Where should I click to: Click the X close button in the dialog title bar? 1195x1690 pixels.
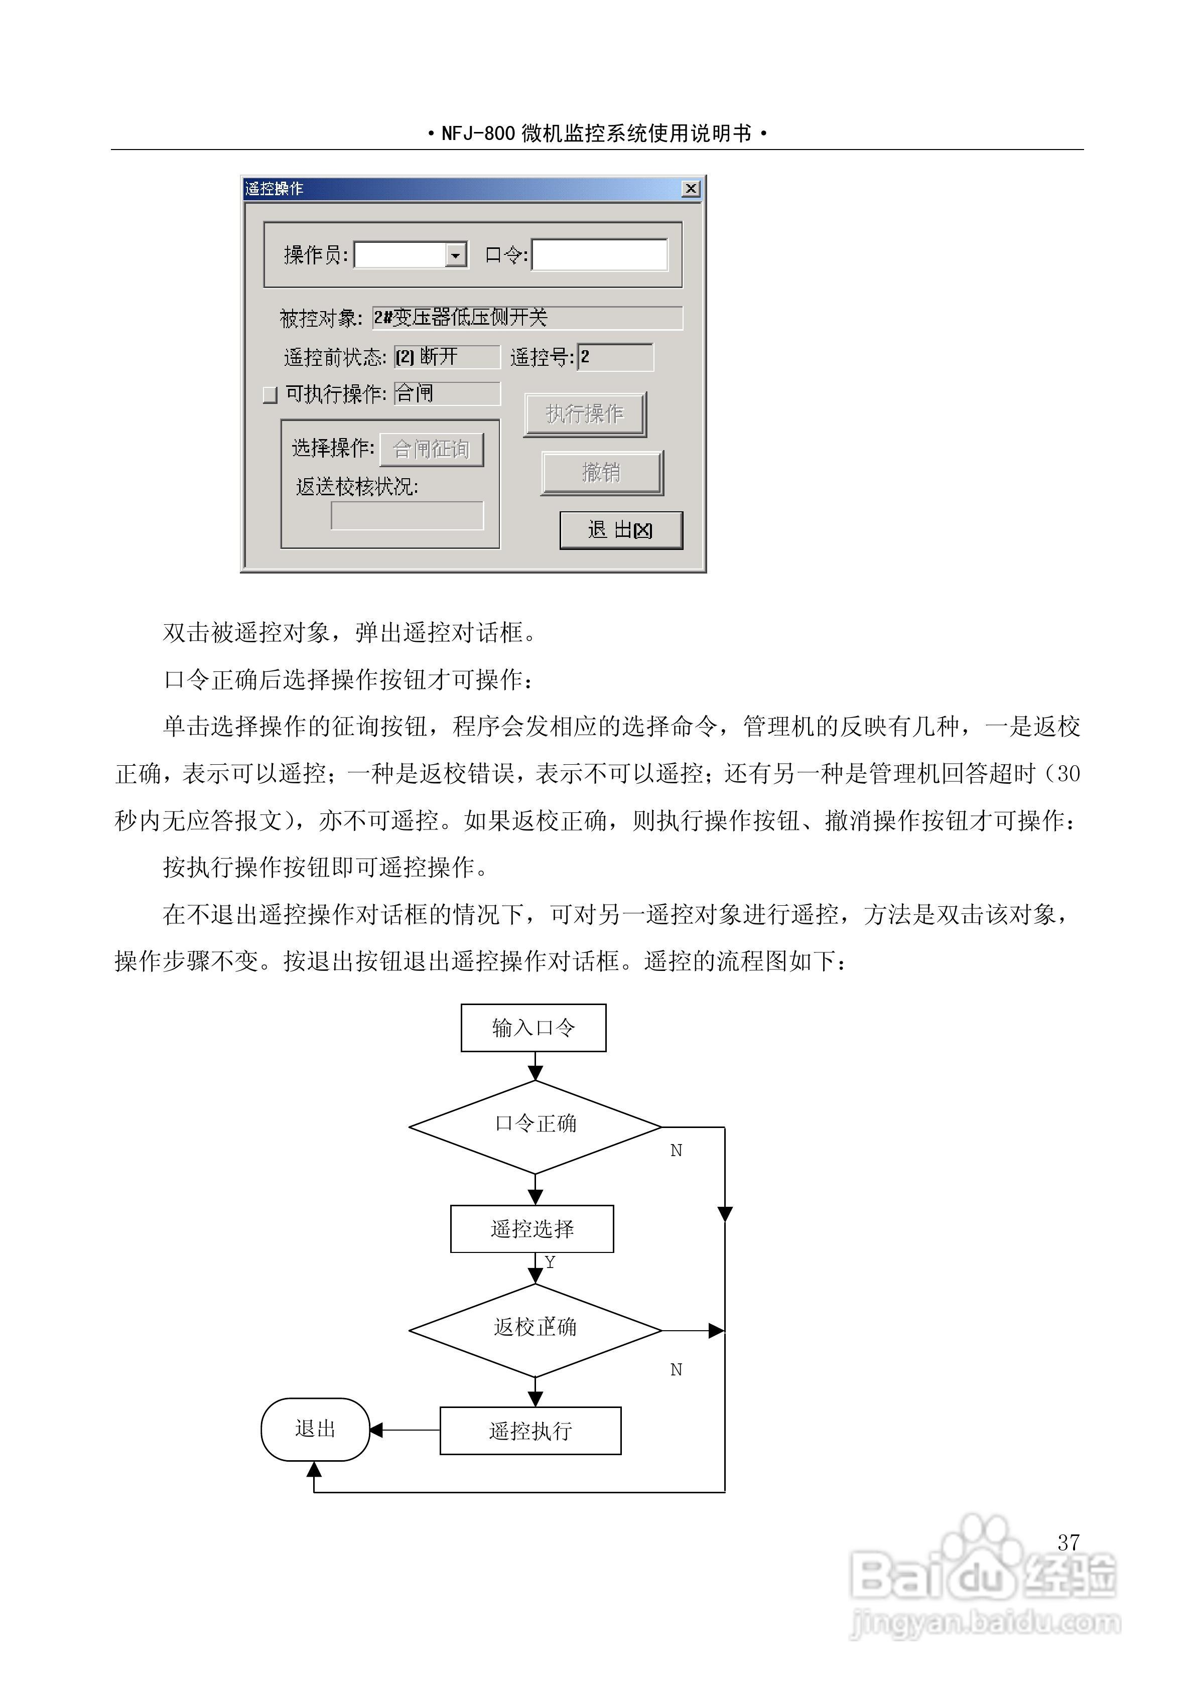click(690, 189)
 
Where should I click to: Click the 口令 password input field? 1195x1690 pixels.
click(599, 255)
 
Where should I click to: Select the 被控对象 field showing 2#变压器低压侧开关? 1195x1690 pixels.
click(526, 318)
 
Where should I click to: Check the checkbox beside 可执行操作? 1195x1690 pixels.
click(270, 395)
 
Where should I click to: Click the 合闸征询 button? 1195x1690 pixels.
click(432, 449)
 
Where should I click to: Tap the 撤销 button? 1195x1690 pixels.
click(602, 473)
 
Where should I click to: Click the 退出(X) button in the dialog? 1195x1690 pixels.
click(621, 530)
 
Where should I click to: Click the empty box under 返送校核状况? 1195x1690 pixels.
click(407, 515)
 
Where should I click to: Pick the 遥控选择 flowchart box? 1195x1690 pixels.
click(532, 1228)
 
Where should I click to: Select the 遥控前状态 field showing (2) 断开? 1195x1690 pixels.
click(447, 357)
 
